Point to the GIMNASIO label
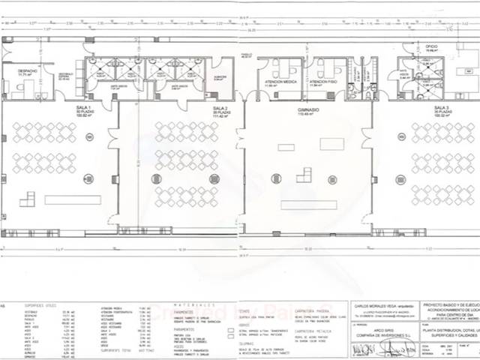305,109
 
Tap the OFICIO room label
433,46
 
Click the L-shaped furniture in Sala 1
27,199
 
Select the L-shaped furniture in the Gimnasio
304,175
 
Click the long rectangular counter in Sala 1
73,199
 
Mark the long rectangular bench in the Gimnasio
308,205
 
